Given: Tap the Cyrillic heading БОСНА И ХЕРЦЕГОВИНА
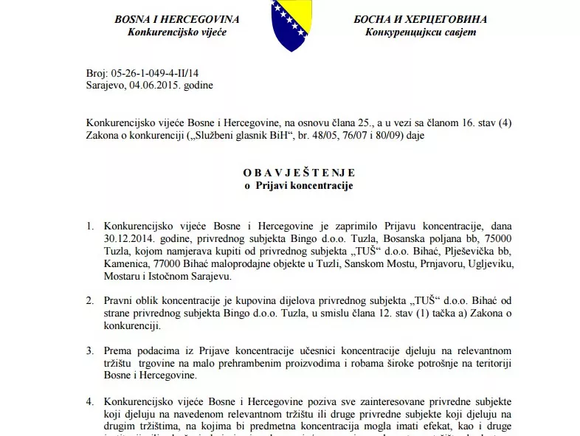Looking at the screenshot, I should tap(421, 18).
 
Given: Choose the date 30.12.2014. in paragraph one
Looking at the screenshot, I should tap(132, 237).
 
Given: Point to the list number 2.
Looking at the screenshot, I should tap(89, 301).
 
